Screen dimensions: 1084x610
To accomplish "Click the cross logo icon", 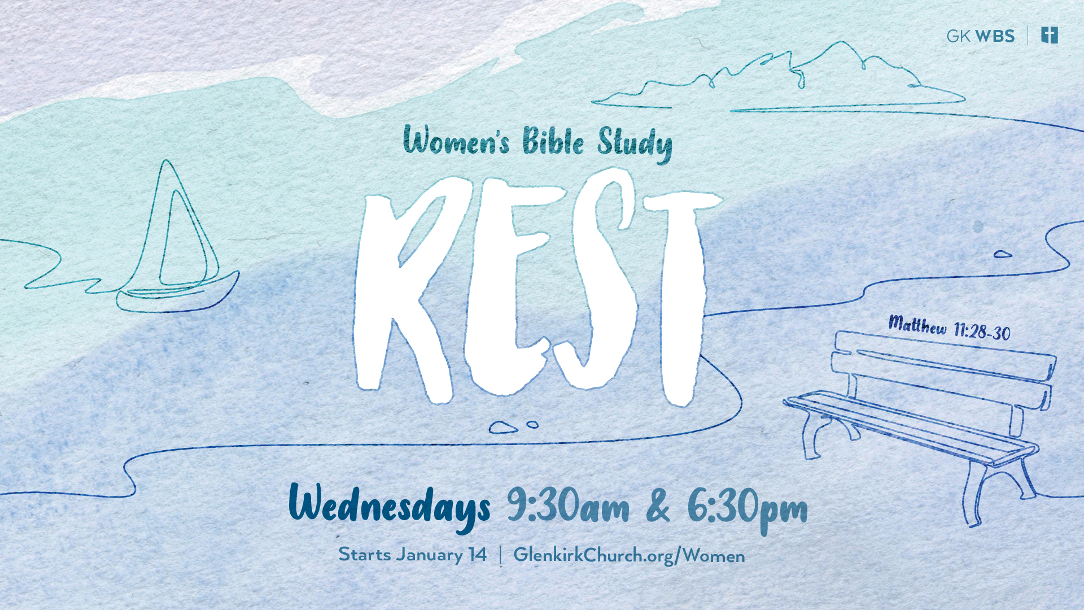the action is [x=1050, y=35].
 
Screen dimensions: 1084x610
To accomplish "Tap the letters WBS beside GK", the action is [x=995, y=36].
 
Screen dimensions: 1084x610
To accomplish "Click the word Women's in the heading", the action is [x=456, y=141].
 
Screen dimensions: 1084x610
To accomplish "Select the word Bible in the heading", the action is [x=553, y=141].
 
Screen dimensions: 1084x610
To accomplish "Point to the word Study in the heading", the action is [x=635, y=144].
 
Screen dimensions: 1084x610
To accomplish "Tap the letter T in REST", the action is [x=682, y=297].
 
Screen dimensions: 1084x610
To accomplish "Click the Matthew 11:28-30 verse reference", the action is [x=949, y=328].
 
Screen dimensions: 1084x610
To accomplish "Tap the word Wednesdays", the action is [x=389, y=507].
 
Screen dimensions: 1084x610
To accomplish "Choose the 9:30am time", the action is [x=567, y=505].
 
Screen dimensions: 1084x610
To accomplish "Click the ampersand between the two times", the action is [x=658, y=506].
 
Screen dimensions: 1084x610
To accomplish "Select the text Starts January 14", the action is [x=412, y=554].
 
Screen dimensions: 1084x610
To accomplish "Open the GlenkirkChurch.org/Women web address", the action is [x=629, y=555].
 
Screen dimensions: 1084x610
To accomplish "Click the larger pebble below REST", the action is [x=503, y=428].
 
